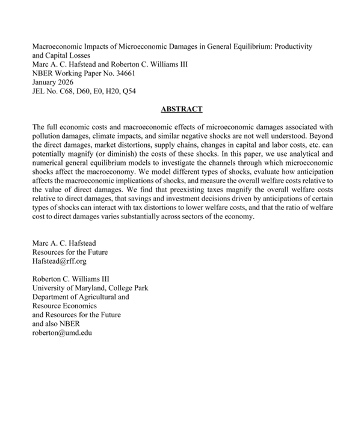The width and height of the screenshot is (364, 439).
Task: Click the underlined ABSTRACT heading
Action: [182, 109]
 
